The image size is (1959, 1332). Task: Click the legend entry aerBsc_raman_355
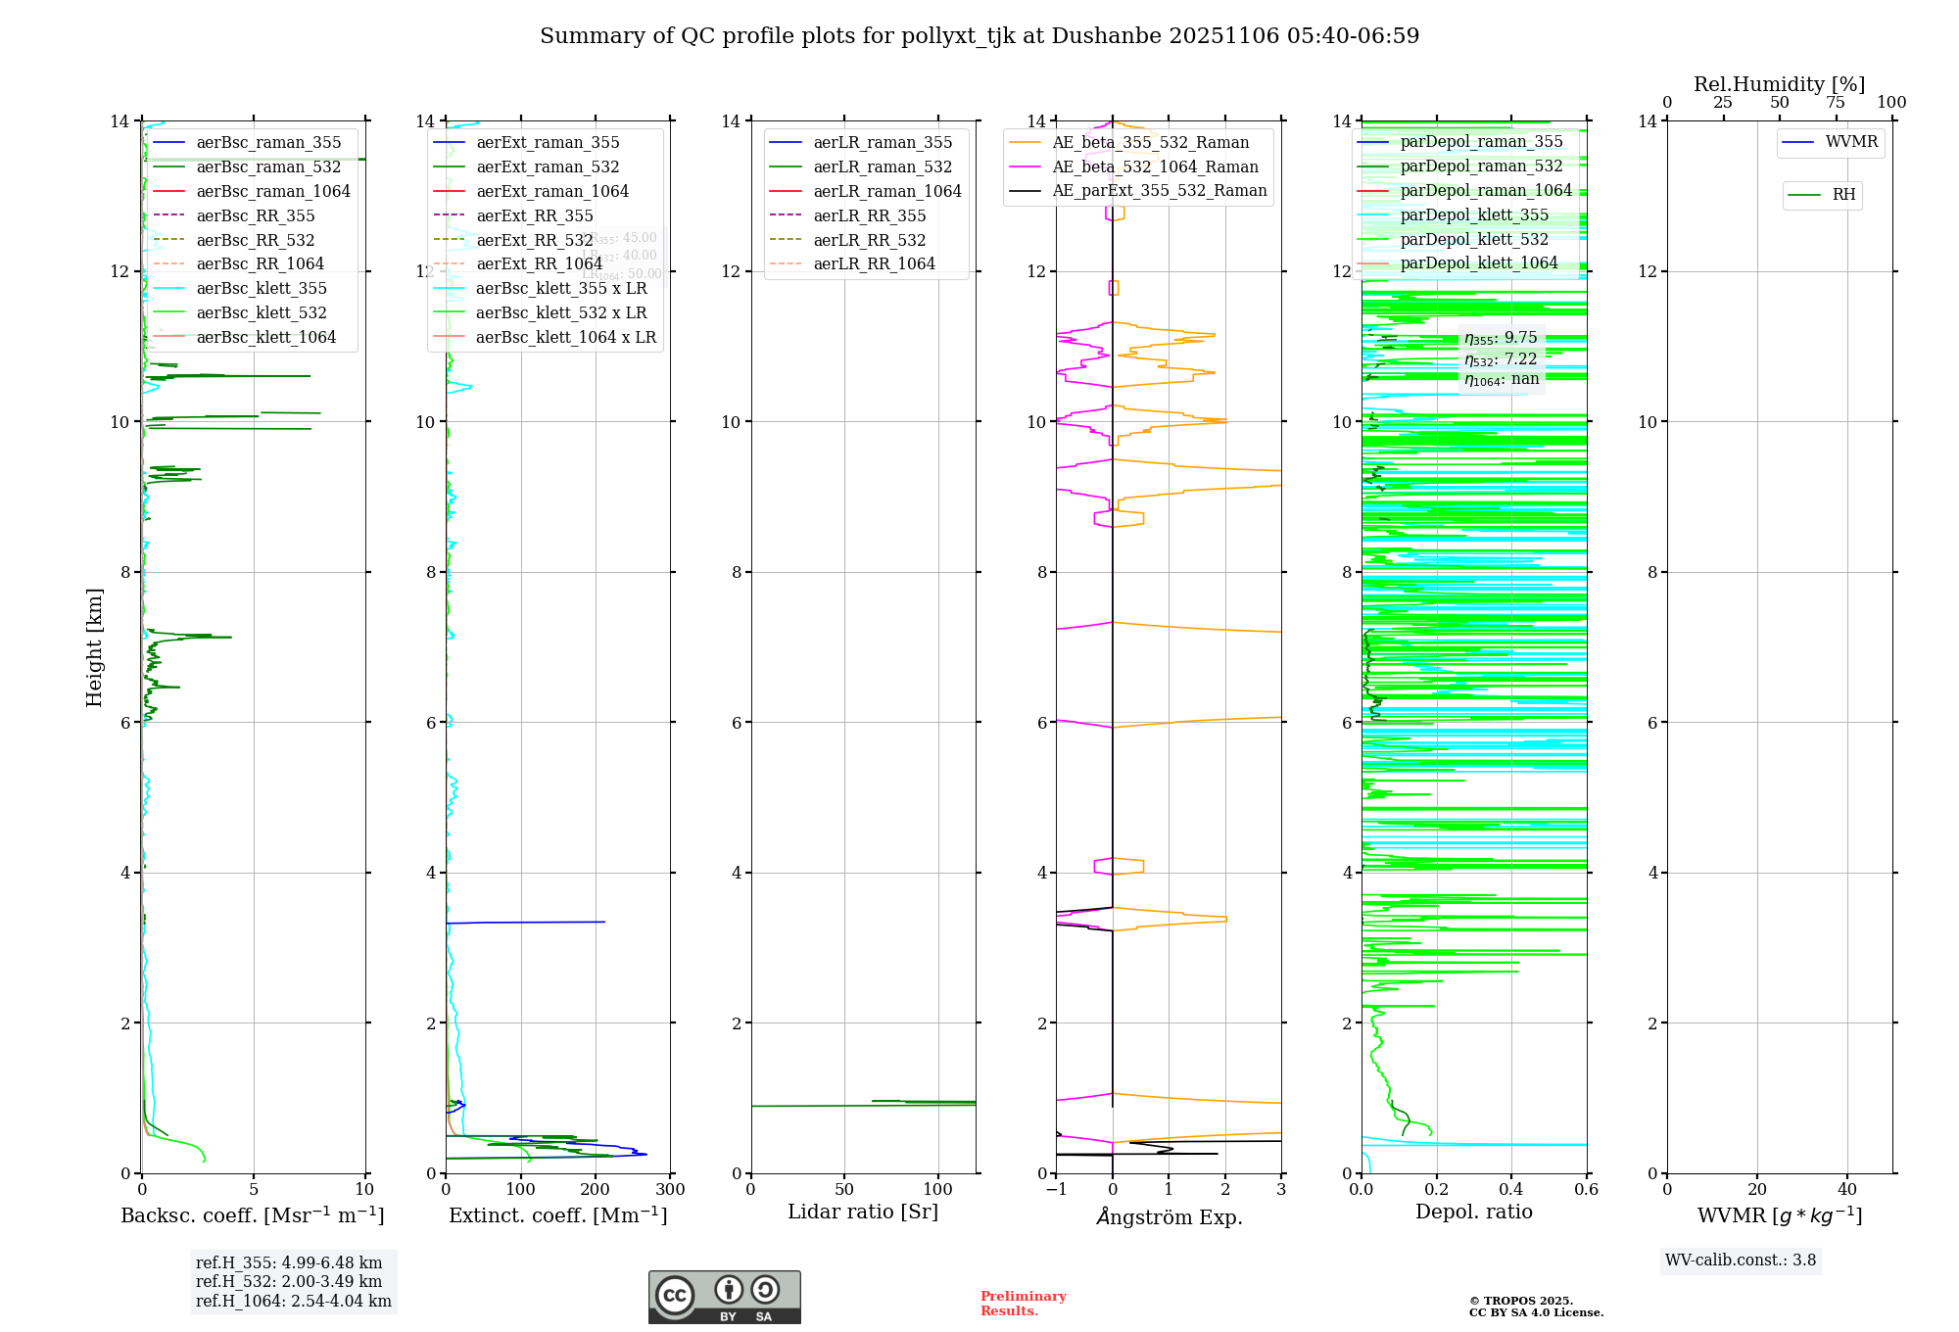268,142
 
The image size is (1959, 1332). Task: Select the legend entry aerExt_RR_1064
539,263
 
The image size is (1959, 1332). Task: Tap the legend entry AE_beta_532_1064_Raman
1155,166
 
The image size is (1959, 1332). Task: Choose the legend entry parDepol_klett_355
1474,214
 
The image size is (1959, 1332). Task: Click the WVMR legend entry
1851,142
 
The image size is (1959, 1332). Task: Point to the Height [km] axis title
94,647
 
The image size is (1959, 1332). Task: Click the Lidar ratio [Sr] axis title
863,1212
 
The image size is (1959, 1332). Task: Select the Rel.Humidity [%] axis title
1779,84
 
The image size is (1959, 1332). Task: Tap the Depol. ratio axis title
1473,1212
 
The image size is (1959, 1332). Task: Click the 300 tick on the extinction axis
670,1190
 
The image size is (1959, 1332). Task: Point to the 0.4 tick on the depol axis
1511,1190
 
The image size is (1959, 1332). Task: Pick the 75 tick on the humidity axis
1836,103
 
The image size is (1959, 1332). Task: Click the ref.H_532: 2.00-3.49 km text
289,1281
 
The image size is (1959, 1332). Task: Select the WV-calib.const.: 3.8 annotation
1741,1261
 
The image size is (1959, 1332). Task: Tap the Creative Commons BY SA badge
724,1297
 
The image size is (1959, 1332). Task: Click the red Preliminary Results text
1023,1303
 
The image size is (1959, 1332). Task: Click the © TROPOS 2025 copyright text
1520,1301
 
